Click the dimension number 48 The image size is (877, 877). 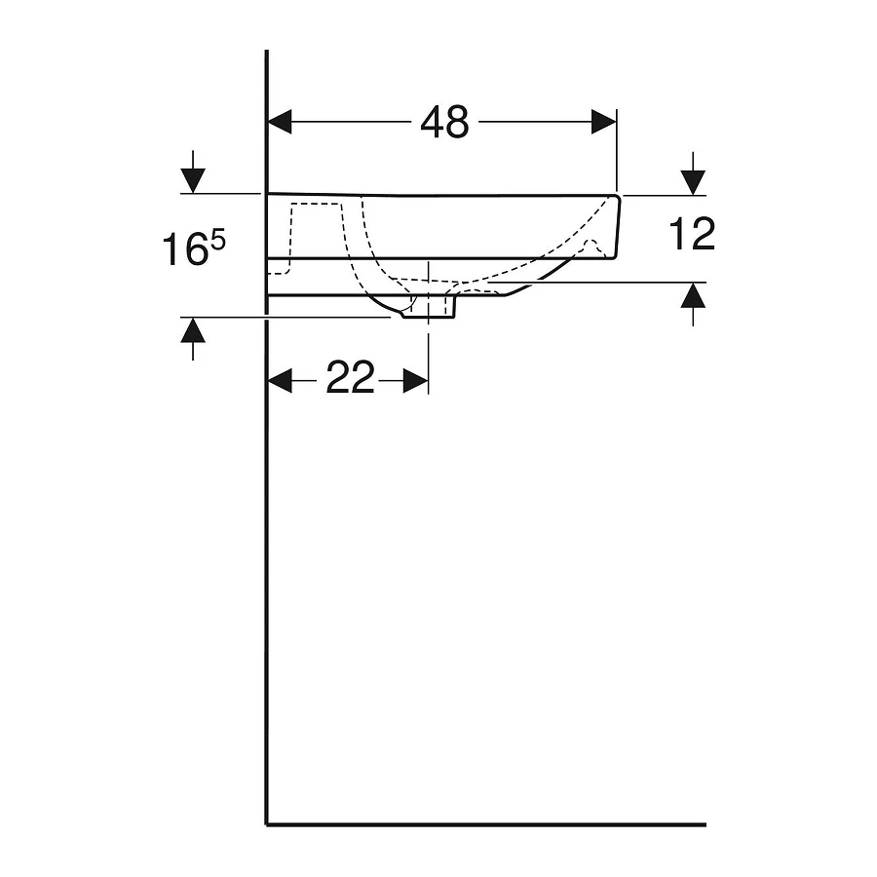444,122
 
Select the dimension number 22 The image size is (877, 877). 350,379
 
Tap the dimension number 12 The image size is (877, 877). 693,235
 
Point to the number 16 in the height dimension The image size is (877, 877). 184,251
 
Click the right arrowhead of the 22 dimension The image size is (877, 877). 416,380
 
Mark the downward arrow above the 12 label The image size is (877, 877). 693,180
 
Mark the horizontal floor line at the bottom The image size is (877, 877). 487,824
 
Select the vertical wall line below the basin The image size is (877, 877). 267,585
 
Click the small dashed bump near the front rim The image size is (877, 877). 589,244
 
